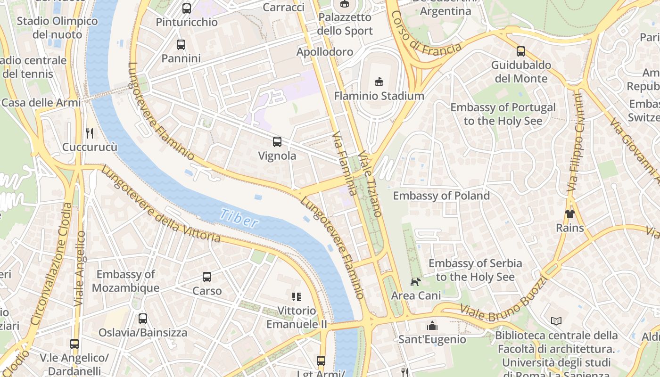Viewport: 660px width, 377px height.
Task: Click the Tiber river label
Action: tap(239, 218)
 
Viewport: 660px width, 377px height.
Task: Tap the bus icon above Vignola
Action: tap(277, 141)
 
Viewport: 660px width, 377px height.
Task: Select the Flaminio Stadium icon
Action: tap(379, 82)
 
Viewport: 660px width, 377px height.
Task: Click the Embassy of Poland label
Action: tap(441, 196)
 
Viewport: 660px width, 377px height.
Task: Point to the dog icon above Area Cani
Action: tap(415, 282)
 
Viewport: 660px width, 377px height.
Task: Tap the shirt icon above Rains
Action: tap(569, 214)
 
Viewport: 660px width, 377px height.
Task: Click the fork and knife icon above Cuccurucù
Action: tap(90, 133)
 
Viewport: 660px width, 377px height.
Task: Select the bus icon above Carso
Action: tap(207, 277)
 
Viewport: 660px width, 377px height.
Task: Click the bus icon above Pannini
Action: tap(181, 45)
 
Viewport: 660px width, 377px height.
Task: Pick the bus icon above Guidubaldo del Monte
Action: tap(520, 51)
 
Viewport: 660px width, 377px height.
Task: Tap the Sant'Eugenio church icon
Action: tap(432, 326)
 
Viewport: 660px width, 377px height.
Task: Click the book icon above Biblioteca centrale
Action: tap(556, 321)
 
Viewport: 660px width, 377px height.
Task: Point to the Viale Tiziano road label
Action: tap(369, 184)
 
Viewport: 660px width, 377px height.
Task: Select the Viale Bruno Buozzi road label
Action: tap(503, 298)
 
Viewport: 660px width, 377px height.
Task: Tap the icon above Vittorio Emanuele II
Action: tap(297, 297)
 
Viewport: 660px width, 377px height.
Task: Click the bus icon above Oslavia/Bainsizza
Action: tap(143, 319)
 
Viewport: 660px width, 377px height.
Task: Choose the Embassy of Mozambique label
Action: tap(125, 281)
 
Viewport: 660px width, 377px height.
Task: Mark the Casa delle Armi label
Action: tap(41, 103)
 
